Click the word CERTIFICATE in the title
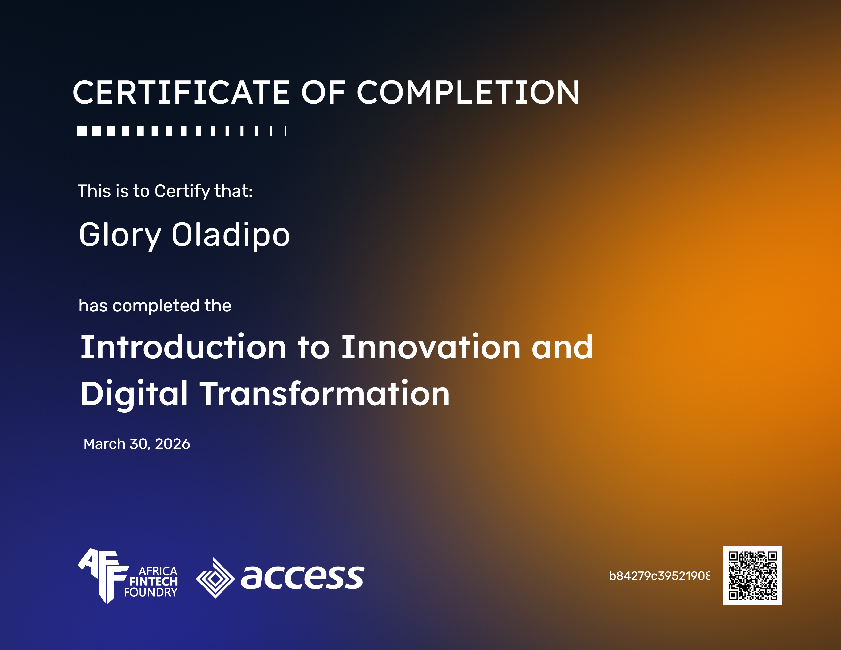tap(181, 93)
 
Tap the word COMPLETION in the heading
tap(468, 93)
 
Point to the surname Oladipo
tap(230, 235)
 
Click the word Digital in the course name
tap(134, 394)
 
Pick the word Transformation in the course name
tap(324, 394)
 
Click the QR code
tap(752, 576)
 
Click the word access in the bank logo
tap(302, 577)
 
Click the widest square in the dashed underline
tap(82, 131)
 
